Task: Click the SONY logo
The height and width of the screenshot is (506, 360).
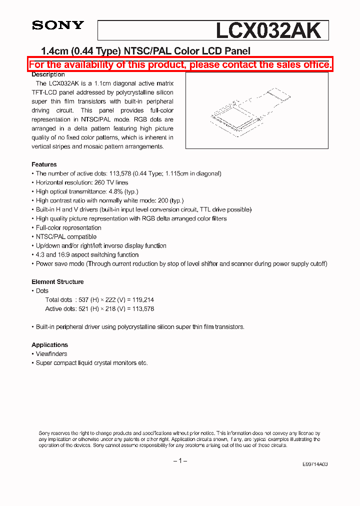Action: tap(58, 25)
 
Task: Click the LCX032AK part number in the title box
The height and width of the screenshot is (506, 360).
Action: tap(268, 31)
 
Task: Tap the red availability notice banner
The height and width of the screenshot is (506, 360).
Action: tap(180, 64)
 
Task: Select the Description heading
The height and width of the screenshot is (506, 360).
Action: tap(48, 74)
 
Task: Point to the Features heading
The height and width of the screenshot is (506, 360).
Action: tap(44, 164)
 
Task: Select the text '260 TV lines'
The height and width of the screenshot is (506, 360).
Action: tap(110, 182)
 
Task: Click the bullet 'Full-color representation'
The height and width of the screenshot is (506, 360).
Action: tap(68, 227)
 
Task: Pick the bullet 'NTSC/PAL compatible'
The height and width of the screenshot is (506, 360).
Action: tap(66, 236)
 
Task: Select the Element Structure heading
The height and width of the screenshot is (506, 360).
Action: tap(57, 281)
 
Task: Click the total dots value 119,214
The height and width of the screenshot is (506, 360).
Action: tap(142, 299)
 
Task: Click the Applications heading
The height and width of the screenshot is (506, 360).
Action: tap(49, 344)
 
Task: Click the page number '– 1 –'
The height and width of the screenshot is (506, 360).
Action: tap(180, 460)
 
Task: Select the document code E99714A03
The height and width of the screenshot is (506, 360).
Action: tap(315, 464)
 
